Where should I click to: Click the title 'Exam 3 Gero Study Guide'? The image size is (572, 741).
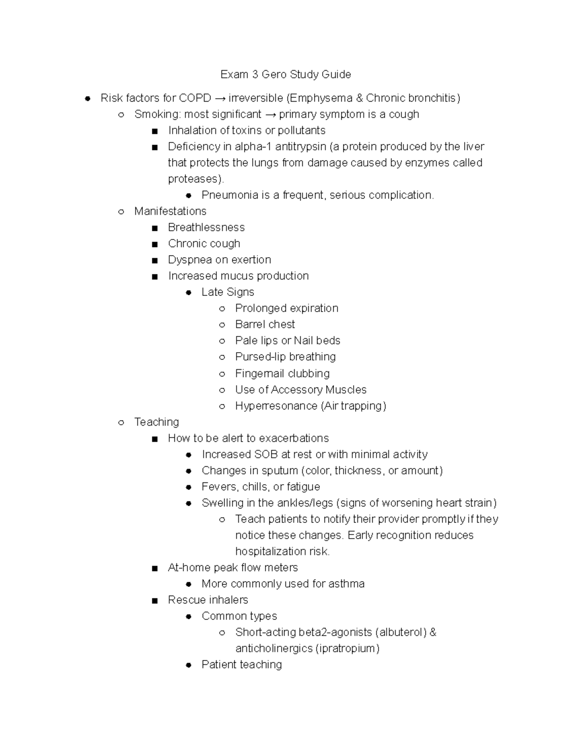point(286,74)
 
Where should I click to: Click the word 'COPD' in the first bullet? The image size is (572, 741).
point(194,98)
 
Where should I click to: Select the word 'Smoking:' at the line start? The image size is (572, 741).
point(157,115)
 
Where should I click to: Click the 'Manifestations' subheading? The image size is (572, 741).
point(170,211)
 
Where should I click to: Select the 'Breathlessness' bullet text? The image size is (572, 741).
point(206,228)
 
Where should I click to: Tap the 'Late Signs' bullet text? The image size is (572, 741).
point(227,292)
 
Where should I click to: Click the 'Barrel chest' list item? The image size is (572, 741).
point(265,324)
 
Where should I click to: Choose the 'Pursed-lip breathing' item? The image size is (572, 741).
point(285,357)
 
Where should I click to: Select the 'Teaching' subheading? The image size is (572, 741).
point(156,422)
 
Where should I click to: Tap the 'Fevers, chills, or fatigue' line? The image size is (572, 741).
point(260,487)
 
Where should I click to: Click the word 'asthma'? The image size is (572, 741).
point(346,584)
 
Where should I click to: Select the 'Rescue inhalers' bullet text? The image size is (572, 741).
point(208,600)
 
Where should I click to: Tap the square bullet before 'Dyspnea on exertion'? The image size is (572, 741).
point(154,261)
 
